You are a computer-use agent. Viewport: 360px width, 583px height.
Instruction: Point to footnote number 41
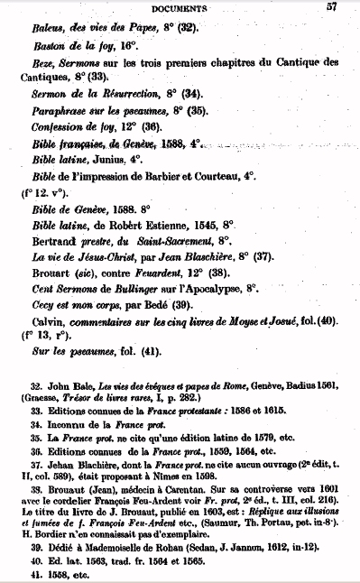coord(36,574)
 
